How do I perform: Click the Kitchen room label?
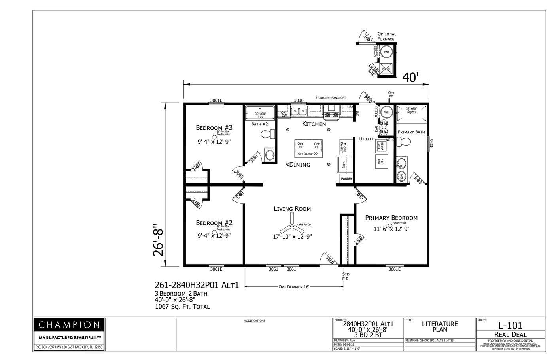pyautogui.click(x=314, y=124)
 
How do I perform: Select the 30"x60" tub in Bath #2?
pyautogui.click(x=260, y=113)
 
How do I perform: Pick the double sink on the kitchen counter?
pyautogui.click(x=299, y=112)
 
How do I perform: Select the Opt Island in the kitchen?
pyautogui.click(x=308, y=148)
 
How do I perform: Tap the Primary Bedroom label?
pyautogui.click(x=391, y=218)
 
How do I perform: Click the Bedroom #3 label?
pyautogui.click(x=214, y=128)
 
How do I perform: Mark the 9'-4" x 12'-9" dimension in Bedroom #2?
pyautogui.click(x=214, y=236)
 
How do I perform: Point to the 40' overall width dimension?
pyautogui.click(x=410, y=78)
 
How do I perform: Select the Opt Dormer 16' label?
pyautogui.click(x=293, y=287)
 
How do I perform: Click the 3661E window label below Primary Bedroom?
pyautogui.click(x=394, y=269)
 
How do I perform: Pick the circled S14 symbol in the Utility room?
pyautogui.click(x=384, y=124)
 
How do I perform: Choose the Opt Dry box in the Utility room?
pyautogui.click(x=381, y=161)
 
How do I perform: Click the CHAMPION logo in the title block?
pyautogui.click(x=69, y=325)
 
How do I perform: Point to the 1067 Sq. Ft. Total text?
pyautogui.click(x=182, y=306)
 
